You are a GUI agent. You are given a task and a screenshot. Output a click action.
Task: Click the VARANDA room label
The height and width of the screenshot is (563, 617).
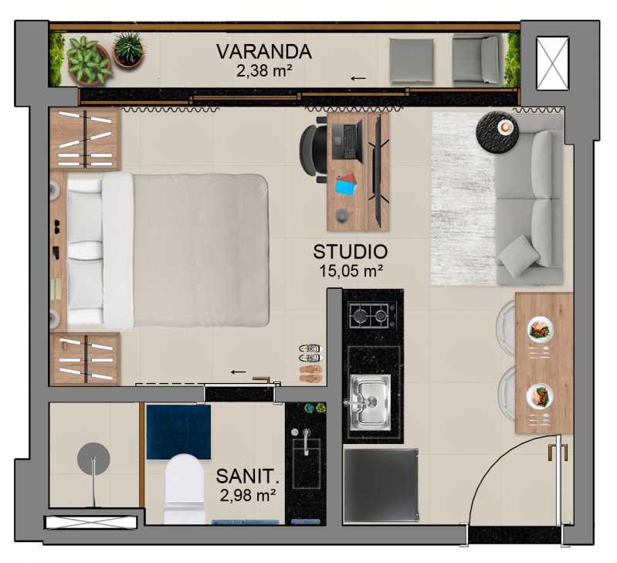click(264, 52)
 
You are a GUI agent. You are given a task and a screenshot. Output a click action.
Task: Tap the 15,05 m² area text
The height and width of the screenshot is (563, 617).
click(351, 270)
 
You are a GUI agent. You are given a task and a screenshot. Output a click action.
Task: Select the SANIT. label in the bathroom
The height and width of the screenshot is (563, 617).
click(248, 477)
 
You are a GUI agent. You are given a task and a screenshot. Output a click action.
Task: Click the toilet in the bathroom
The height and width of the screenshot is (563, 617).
click(185, 489)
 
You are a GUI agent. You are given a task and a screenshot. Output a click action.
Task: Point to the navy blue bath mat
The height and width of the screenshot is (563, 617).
click(178, 432)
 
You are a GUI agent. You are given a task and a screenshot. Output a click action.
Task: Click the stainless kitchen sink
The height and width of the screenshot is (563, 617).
click(370, 402)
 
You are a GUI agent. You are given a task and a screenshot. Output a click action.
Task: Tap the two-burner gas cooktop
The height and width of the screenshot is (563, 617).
click(369, 316)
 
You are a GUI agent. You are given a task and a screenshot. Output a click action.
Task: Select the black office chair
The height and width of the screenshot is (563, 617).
click(314, 151)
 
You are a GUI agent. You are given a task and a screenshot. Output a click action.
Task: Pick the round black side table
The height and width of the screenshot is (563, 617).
click(497, 132)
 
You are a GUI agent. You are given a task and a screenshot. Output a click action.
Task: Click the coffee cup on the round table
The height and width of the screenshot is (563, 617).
click(505, 127)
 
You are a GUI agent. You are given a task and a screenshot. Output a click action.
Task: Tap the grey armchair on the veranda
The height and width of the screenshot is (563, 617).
click(477, 59)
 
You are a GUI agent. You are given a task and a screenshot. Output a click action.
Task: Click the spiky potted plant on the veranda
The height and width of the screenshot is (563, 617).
click(129, 50)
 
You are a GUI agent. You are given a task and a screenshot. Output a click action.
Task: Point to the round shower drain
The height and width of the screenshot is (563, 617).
click(93, 459)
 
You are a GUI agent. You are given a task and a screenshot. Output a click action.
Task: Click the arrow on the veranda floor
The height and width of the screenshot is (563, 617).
click(358, 78)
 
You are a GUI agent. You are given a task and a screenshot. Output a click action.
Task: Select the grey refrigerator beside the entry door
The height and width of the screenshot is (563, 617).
click(381, 486)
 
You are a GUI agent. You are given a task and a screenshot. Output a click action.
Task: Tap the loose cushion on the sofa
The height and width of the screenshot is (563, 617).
click(519, 255)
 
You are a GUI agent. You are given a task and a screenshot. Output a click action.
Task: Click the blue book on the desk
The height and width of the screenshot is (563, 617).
click(345, 188)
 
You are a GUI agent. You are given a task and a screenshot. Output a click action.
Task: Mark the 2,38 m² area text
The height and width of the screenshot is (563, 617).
click(264, 71)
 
